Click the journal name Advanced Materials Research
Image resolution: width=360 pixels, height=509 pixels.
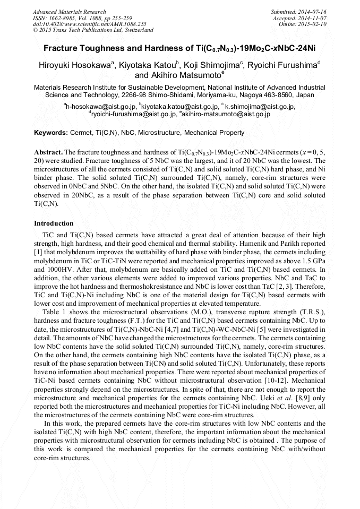click(69, 12)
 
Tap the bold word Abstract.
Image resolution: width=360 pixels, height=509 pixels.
click(48, 151)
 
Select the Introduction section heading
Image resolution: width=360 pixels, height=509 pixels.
click(54, 223)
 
